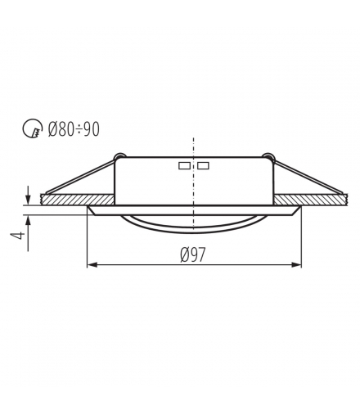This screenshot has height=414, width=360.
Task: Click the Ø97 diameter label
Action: (192, 254)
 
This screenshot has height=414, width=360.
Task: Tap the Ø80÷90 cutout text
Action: (74, 129)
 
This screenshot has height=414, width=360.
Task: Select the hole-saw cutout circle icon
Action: (33, 128)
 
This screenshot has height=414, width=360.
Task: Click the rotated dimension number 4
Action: (17, 236)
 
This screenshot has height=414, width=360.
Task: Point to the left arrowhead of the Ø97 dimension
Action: (92, 264)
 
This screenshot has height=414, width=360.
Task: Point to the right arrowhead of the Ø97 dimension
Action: (296, 264)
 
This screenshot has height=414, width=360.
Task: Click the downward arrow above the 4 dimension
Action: (28, 195)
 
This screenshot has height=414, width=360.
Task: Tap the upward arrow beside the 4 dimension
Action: (28, 232)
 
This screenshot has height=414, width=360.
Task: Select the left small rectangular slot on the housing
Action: (184, 165)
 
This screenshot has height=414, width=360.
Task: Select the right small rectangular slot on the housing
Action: (203, 165)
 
